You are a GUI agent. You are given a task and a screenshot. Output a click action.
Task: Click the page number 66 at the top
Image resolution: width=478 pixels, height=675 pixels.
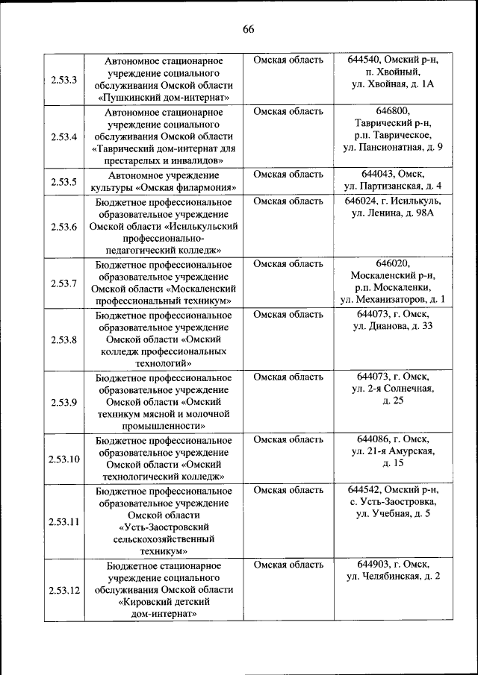pos(249,29)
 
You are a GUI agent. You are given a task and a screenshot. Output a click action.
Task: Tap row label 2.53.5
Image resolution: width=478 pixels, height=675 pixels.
pos(64,181)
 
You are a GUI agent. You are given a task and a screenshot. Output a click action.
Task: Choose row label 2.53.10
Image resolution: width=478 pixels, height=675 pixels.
pos(64,458)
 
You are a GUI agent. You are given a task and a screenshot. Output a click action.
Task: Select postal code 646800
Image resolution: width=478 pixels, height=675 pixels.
pos(393,111)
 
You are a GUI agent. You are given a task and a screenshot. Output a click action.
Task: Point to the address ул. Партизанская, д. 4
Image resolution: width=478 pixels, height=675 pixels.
pos(393,186)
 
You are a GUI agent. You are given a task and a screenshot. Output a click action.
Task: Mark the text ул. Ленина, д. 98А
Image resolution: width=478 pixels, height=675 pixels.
pos(393,214)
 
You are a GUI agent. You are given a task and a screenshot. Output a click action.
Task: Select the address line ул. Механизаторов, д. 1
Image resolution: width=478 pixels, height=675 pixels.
pos(393,300)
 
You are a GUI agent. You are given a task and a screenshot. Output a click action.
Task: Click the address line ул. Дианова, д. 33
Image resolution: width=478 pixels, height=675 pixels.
pos(393,326)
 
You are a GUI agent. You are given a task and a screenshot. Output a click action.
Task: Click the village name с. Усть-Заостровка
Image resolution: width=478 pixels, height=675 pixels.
pos(393,502)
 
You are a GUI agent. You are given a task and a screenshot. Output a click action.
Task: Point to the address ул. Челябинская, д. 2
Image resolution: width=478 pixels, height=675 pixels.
pos(393,577)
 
